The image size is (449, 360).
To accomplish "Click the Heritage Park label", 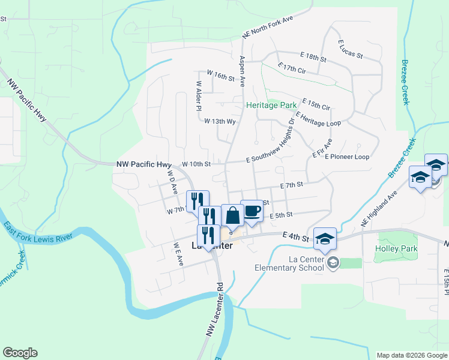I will tap(271, 105).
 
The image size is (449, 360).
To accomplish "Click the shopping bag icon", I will tap(232, 215).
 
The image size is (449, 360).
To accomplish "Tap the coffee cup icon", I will tap(252, 211).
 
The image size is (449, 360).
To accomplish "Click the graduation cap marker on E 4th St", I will tap(324, 239).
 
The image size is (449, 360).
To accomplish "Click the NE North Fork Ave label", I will tap(267, 27).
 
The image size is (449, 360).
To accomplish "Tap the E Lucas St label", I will tap(351, 49).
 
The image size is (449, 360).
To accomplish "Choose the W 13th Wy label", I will tap(220, 121).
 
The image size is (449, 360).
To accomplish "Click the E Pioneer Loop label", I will tap(347, 157).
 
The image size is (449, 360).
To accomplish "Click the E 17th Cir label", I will tap(292, 68).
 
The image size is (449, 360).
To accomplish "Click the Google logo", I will tap(20, 353).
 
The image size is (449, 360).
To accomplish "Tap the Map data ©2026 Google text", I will tap(411, 355).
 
